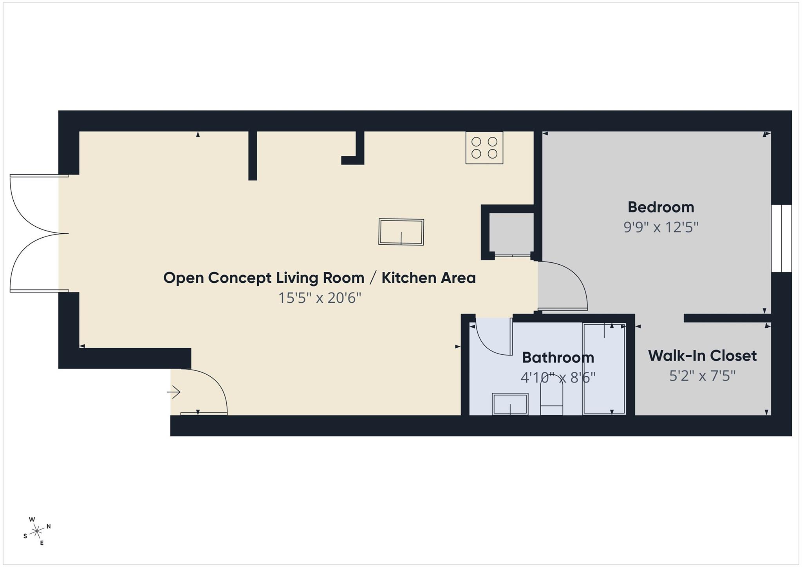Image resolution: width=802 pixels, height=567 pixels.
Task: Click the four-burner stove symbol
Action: click(484, 148)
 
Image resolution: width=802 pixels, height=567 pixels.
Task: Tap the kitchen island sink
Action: click(401, 232)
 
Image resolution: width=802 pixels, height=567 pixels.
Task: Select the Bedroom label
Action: click(661, 207)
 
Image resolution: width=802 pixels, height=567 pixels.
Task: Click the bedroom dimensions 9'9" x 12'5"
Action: click(661, 227)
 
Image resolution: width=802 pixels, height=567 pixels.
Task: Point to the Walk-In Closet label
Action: click(702, 356)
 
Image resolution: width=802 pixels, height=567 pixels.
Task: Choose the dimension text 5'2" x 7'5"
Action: click(702, 376)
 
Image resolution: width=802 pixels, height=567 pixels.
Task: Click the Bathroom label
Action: click(558, 358)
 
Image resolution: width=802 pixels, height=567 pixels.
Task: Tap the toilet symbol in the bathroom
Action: click(551, 395)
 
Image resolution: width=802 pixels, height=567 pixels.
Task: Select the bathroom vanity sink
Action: click(510, 404)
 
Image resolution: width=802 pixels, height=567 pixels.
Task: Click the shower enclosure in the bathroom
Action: click(604, 368)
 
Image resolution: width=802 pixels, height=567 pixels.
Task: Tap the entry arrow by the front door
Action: click(173, 392)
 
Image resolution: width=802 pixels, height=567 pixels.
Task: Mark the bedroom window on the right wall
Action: click(781, 238)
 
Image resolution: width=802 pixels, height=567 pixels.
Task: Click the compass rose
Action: click(37, 531)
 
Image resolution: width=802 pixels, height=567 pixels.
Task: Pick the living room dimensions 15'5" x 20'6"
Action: click(319, 298)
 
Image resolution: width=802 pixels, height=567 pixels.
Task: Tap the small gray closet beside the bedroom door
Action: click(511, 234)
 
